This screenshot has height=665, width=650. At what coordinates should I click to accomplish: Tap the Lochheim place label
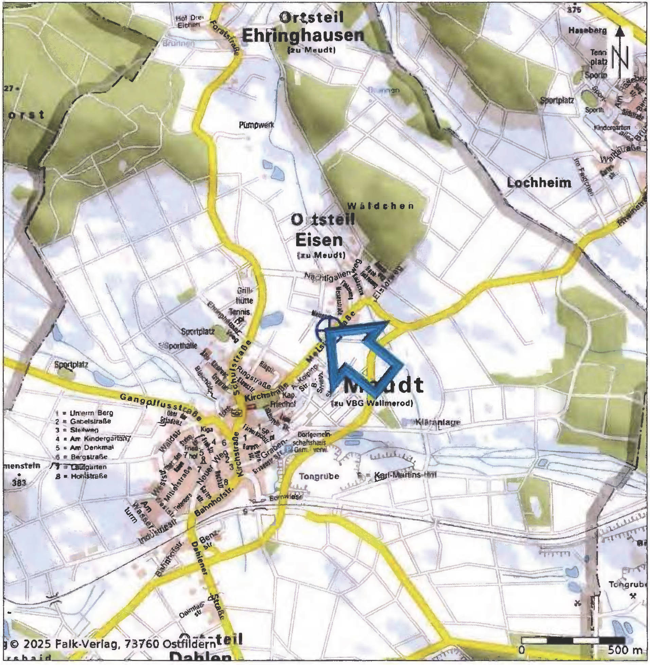tap(539, 183)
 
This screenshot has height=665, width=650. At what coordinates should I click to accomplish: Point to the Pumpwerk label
tap(256, 125)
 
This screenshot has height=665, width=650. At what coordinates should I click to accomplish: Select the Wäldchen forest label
tap(381, 206)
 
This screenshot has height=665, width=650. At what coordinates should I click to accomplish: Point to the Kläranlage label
tap(437, 423)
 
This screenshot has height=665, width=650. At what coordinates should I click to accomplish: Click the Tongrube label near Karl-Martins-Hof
tap(319, 476)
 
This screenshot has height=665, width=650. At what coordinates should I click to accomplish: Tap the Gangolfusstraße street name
tap(160, 407)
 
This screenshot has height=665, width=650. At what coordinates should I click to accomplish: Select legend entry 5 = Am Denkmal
tap(85, 447)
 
